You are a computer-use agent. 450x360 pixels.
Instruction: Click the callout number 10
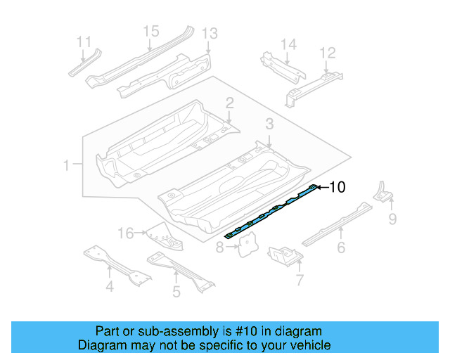coord(337,187)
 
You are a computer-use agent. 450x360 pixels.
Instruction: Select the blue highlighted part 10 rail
coord(271,212)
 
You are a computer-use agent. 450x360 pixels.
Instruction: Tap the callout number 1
coord(66,166)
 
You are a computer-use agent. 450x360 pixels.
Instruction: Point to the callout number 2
coord(229,103)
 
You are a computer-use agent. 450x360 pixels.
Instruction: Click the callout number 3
coord(269,124)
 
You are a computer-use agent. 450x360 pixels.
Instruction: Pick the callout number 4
coord(110,286)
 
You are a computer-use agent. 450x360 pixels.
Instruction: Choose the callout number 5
coord(176,290)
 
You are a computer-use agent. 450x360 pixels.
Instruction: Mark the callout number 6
coord(341,247)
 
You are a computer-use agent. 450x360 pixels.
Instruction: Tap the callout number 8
coord(220,247)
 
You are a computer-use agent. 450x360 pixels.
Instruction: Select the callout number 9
coord(393,220)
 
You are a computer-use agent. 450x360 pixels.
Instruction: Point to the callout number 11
coord(84,41)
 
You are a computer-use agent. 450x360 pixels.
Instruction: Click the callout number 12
coord(328,53)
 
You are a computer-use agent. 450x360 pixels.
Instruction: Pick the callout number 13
coord(210,33)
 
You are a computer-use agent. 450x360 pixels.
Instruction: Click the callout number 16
coord(125,233)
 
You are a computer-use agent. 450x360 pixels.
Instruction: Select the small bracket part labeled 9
coord(382,192)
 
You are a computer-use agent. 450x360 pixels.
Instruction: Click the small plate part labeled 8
coord(246,244)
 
